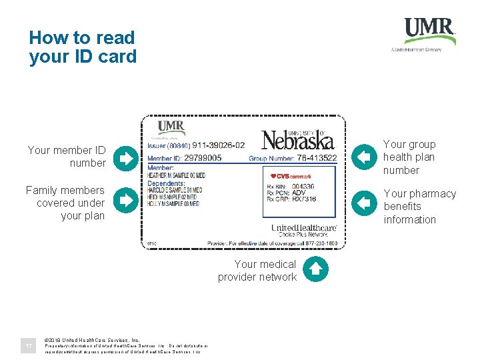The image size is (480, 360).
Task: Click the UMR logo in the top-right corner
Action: (429, 31)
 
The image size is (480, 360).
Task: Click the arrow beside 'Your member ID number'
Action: (124, 157)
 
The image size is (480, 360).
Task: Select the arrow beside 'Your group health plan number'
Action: (363, 157)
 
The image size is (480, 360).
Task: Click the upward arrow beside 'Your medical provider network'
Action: (316, 269)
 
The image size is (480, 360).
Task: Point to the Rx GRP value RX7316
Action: (304, 199)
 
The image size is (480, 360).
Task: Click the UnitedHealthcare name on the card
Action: (303, 229)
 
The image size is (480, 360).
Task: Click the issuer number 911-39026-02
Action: (219, 145)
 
